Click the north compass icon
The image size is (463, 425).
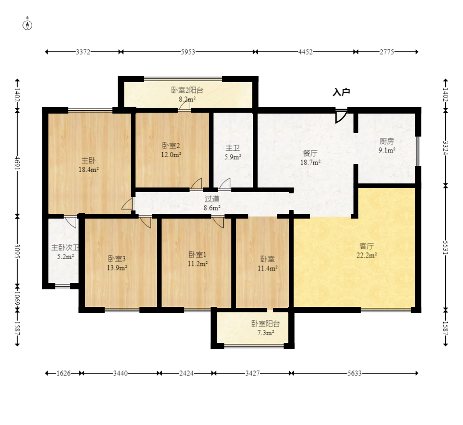click(28, 25)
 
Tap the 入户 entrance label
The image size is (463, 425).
click(341, 92)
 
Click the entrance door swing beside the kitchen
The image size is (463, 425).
click(341, 116)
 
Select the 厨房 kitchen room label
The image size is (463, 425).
click(387, 141)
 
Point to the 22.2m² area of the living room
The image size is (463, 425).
click(367, 255)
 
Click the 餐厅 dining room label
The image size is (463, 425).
click(310, 154)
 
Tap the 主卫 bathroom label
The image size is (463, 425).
click(233, 148)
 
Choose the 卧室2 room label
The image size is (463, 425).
click(171, 146)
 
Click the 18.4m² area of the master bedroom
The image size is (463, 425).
click(88, 170)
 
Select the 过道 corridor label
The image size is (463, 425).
click(212, 199)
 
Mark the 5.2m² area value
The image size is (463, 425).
click(65, 257)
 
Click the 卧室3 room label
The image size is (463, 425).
click(117, 259)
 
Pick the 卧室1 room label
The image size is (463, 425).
click(197, 254)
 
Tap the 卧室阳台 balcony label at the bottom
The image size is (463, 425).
click(266, 324)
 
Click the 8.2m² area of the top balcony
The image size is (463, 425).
click(187, 100)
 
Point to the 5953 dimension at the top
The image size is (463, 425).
click(188, 52)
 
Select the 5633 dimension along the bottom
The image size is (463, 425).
click(355, 373)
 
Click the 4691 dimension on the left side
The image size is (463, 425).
click(18, 163)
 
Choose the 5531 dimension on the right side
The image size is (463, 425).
click(445, 248)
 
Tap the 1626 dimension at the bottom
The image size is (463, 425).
click(64, 373)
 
